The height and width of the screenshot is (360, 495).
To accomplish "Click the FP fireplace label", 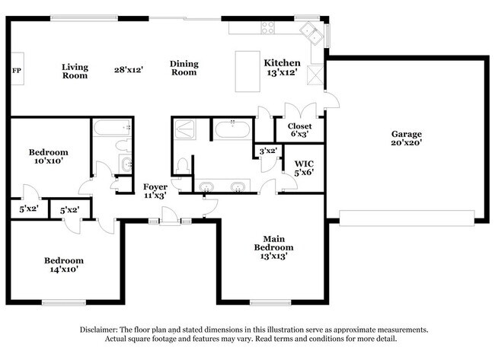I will (x=16, y=71).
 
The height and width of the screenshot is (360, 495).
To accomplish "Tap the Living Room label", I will (x=75, y=71).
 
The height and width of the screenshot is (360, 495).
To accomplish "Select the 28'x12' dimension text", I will (x=129, y=69).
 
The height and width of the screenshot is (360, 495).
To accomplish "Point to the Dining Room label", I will (x=184, y=68).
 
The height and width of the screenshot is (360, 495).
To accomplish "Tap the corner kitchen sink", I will (x=310, y=31).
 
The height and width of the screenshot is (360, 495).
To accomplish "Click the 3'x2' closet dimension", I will (x=267, y=151).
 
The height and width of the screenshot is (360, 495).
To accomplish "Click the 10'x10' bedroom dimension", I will (x=49, y=161).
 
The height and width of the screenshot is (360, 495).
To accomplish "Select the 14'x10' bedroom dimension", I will (x=63, y=269).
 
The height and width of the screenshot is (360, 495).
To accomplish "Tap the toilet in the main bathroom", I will (x=181, y=164).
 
